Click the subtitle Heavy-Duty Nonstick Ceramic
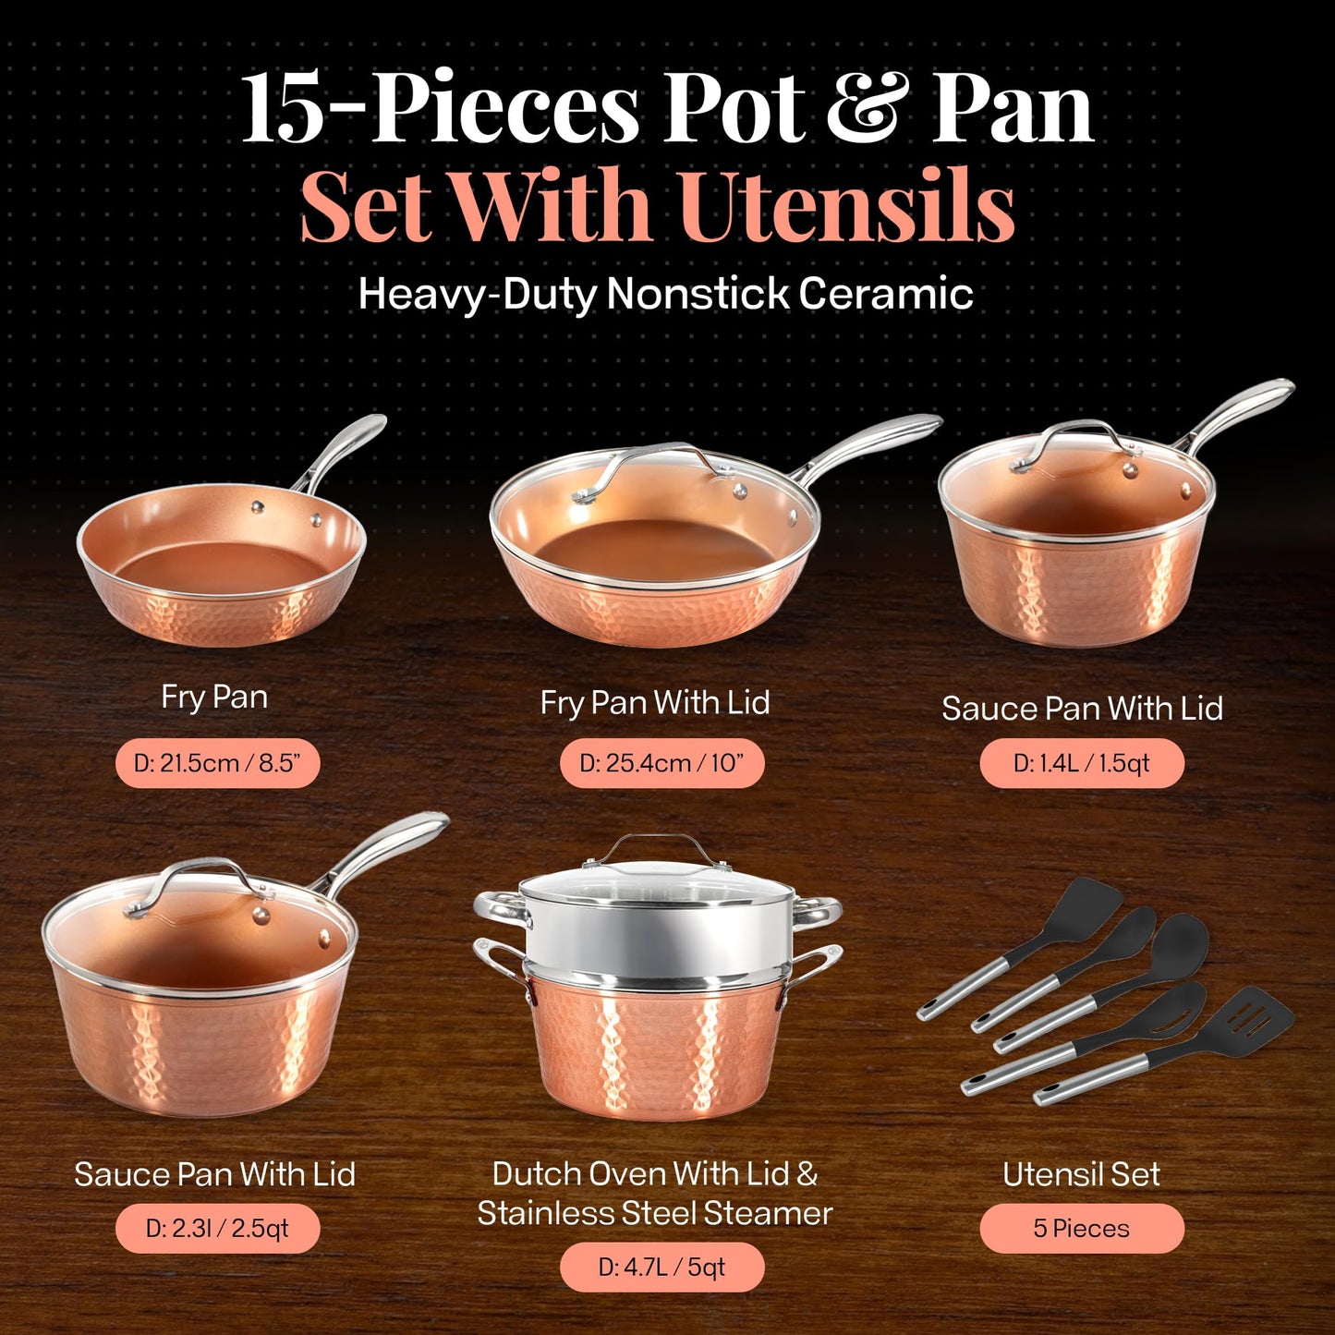(x=665, y=295)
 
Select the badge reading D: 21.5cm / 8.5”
(x=217, y=763)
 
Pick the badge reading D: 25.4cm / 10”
(x=661, y=763)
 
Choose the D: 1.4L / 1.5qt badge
(x=1081, y=763)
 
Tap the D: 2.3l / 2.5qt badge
(x=217, y=1229)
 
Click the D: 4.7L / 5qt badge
(x=661, y=1267)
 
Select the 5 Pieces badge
(x=1081, y=1229)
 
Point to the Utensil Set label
(x=1081, y=1174)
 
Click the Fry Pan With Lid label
(x=654, y=703)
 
